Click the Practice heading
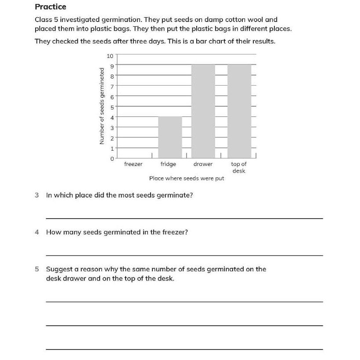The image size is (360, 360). (x=50, y=7)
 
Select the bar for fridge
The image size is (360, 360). (x=170, y=137)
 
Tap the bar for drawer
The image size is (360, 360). (x=203, y=112)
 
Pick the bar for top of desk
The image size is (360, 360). (x=239, y=112)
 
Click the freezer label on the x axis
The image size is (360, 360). (x=133, y=164)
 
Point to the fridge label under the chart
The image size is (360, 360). (x=168, y=164)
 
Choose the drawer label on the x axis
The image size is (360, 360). (x=203, y=164)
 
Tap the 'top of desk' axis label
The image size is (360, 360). (x=239, y=167)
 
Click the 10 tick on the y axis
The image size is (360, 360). (x=110, y=55)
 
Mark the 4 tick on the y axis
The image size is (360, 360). (x=112, y=117)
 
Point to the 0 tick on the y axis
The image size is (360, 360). (x=112, y=158)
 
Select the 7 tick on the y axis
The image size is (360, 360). (x=112, y=86)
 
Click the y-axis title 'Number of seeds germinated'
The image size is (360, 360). (x=102, y=106)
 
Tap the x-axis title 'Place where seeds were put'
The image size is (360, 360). (x=187, y=178)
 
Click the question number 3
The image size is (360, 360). (x=37, y=195)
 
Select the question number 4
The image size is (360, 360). (x=37, y=232)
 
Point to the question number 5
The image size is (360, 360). (x=37, y=269)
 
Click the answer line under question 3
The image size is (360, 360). (x=184, y=218)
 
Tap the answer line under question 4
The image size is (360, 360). (x=184, y=255)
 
